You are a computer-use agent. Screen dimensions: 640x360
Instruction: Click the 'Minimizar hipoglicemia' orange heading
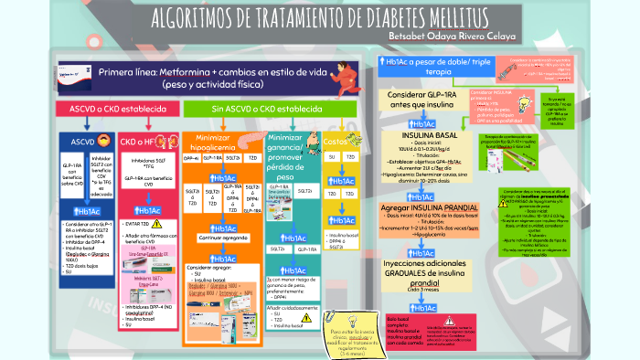point(219,142)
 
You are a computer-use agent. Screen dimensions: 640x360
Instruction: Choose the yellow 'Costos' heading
point(336,142)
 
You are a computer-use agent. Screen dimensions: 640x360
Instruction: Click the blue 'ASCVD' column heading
point(82,142)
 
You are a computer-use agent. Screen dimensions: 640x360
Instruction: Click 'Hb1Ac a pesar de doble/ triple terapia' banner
point(427,65)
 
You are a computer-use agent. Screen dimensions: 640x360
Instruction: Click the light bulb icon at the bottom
point(327,315)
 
